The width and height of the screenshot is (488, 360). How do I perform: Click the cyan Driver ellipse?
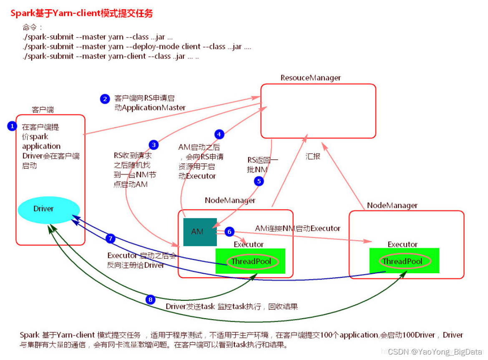coord(49,209)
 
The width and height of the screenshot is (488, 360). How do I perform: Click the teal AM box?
coord(200,232)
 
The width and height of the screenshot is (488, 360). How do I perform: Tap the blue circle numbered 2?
coord(105,99)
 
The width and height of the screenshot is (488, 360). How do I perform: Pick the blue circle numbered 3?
coord(154,145)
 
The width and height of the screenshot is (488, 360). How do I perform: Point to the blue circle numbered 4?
coord(219,134)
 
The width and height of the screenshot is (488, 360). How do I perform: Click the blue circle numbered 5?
coord(259,181)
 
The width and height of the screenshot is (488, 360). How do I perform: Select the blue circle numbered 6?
coord(229,231)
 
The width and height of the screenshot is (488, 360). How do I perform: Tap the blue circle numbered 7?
coord(110,239)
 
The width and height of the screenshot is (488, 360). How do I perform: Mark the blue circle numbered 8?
coord(151,299)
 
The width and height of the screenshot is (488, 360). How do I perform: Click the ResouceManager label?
coord(310,78)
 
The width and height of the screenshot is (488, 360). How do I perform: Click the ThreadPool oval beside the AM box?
coord(251,262)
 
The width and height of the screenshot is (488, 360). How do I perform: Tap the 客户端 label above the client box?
coord(43,110)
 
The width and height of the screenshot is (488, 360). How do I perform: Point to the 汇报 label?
coord(313,156)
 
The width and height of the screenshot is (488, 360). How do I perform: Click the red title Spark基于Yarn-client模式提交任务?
coord(82,13)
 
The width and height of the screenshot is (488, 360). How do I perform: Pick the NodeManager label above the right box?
coord(392,205)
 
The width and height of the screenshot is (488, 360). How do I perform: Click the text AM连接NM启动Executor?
coord(298,228)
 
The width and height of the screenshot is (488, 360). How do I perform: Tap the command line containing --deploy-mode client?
coord(137,47)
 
